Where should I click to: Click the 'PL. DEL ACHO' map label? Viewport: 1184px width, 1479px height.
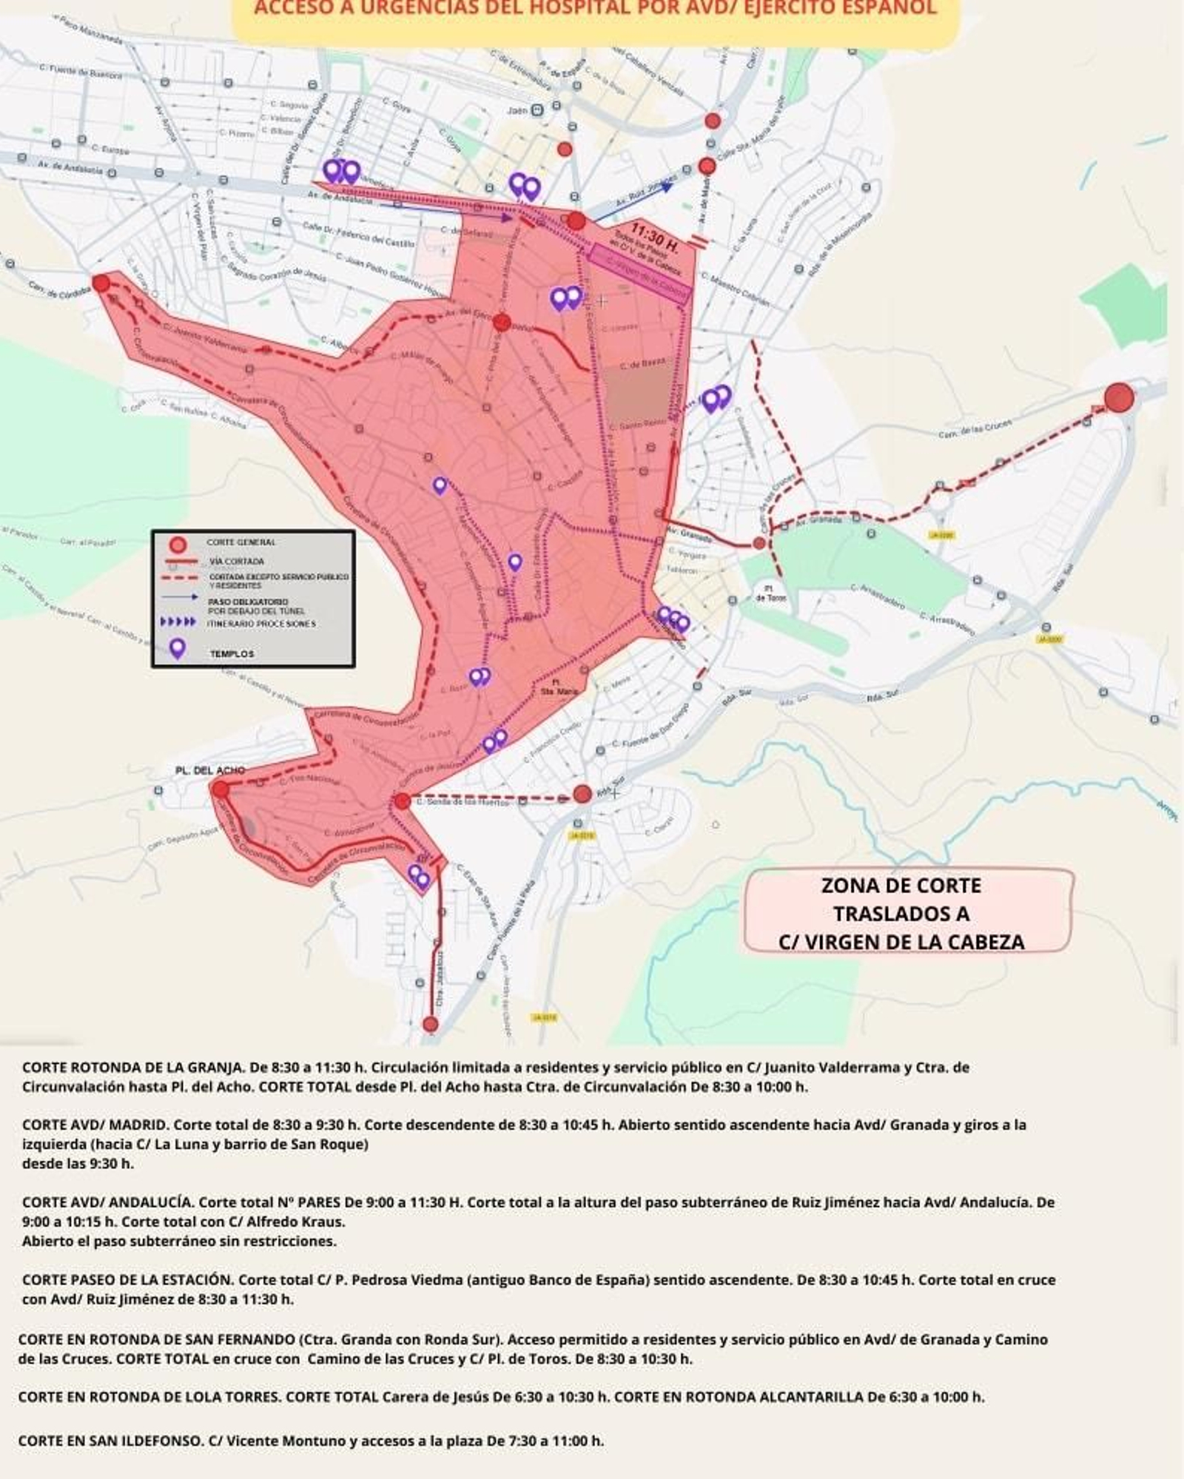210,770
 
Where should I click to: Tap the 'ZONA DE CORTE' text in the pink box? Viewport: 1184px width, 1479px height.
901,886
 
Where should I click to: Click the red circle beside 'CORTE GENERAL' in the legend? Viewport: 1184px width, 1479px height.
178,545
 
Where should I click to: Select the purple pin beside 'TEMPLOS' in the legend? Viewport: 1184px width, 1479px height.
177,649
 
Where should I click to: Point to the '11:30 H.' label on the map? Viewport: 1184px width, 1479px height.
654,237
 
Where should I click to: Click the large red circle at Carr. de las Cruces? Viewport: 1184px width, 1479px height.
1119,397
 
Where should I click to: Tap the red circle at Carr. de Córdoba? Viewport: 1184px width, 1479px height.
101,283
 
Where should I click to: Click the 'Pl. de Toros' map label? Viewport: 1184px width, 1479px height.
771,593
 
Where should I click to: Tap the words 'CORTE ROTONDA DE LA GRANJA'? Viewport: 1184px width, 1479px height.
132,1067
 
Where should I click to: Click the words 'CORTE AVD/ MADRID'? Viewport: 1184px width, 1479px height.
96,1124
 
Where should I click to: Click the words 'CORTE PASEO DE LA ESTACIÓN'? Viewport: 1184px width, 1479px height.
126,1279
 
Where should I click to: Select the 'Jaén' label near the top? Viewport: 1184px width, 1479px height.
517,110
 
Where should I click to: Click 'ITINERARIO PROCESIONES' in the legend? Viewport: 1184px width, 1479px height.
261,624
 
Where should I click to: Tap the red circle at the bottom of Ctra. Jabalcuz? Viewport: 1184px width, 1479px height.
430,1024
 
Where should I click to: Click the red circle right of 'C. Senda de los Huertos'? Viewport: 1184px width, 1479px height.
582,795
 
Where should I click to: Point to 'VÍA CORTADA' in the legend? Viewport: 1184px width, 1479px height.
236,562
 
